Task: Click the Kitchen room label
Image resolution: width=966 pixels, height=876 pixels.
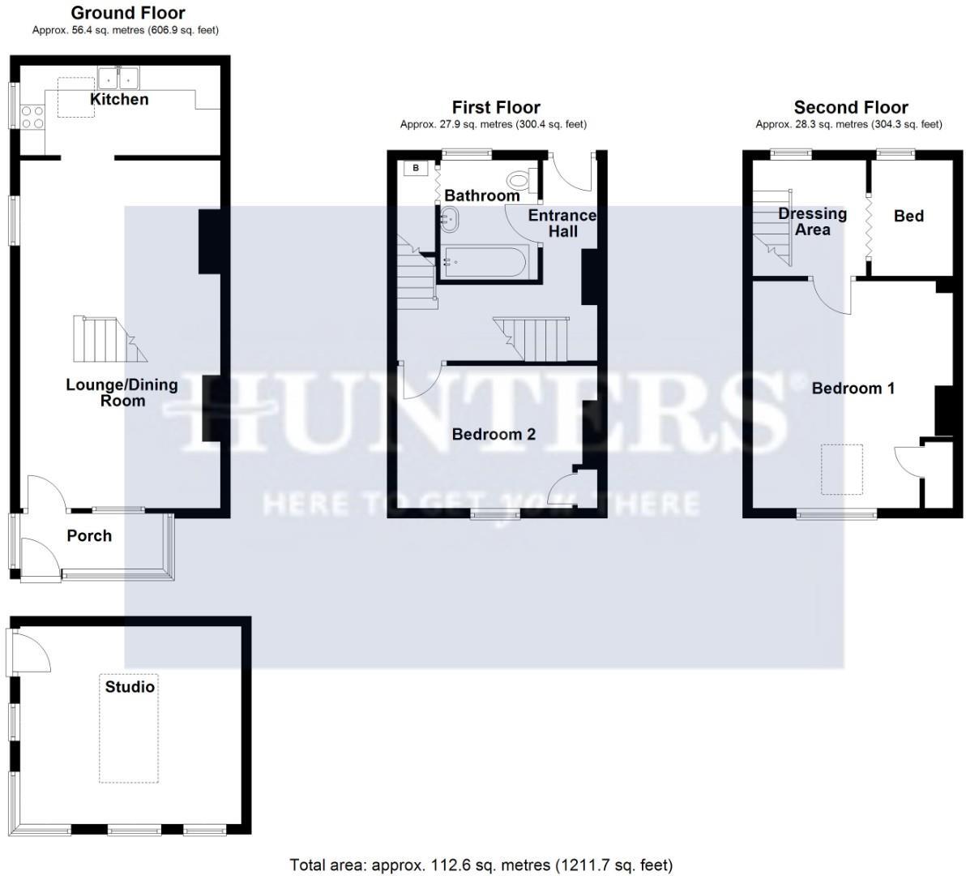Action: [x=119, y=100]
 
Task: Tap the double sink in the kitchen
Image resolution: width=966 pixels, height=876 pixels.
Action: [x=119, y=78]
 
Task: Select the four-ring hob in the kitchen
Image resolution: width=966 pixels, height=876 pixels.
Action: [x=32, y=118]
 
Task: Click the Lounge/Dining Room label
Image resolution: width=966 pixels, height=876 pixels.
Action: [x=122, y=393]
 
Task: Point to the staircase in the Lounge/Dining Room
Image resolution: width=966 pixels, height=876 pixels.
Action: [x=109, y=340]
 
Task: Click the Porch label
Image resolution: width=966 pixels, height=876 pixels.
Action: [x=89, y=536]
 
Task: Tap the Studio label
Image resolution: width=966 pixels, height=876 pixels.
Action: [x=130, y=687]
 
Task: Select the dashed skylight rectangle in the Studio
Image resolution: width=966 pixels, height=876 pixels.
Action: [x=128, y=728]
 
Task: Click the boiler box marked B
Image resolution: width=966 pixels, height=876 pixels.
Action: [x=417, y=168]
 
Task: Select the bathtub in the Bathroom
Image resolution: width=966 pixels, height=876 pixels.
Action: [x=485, y=264]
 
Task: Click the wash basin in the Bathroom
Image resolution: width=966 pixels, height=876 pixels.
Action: [x=450, y=218]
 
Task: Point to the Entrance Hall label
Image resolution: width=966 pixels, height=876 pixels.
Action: [x=562, y=223]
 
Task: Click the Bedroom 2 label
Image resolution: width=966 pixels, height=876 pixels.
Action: [x=494, y=435]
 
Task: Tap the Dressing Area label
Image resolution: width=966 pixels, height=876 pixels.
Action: [x=812, y=221]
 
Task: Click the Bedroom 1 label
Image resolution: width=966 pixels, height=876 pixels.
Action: [x=853, y=389]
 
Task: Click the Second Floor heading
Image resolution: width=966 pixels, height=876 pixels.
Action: [x=850, y=107]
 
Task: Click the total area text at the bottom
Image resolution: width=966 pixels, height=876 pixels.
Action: [x=481, y=865]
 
